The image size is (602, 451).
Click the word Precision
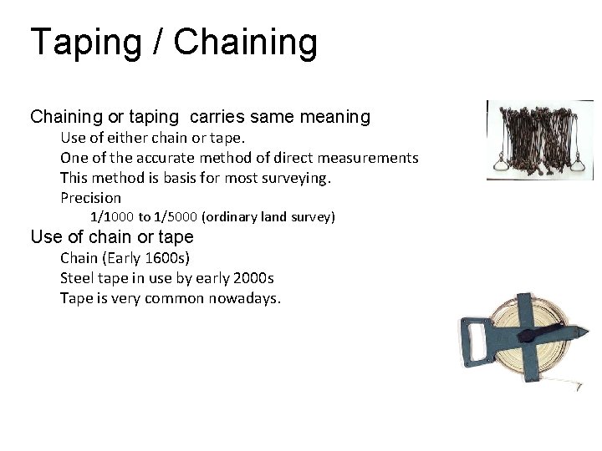point(90,198)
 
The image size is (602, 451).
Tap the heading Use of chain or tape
point(111,237)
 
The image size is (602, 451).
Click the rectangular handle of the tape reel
point(478,342)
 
